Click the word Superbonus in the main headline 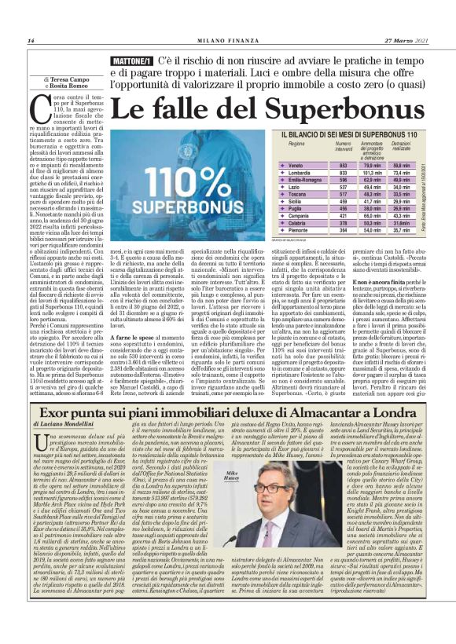point(349,106)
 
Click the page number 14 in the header point(31,41)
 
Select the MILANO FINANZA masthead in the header point(227,41)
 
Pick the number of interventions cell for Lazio point(342,187)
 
